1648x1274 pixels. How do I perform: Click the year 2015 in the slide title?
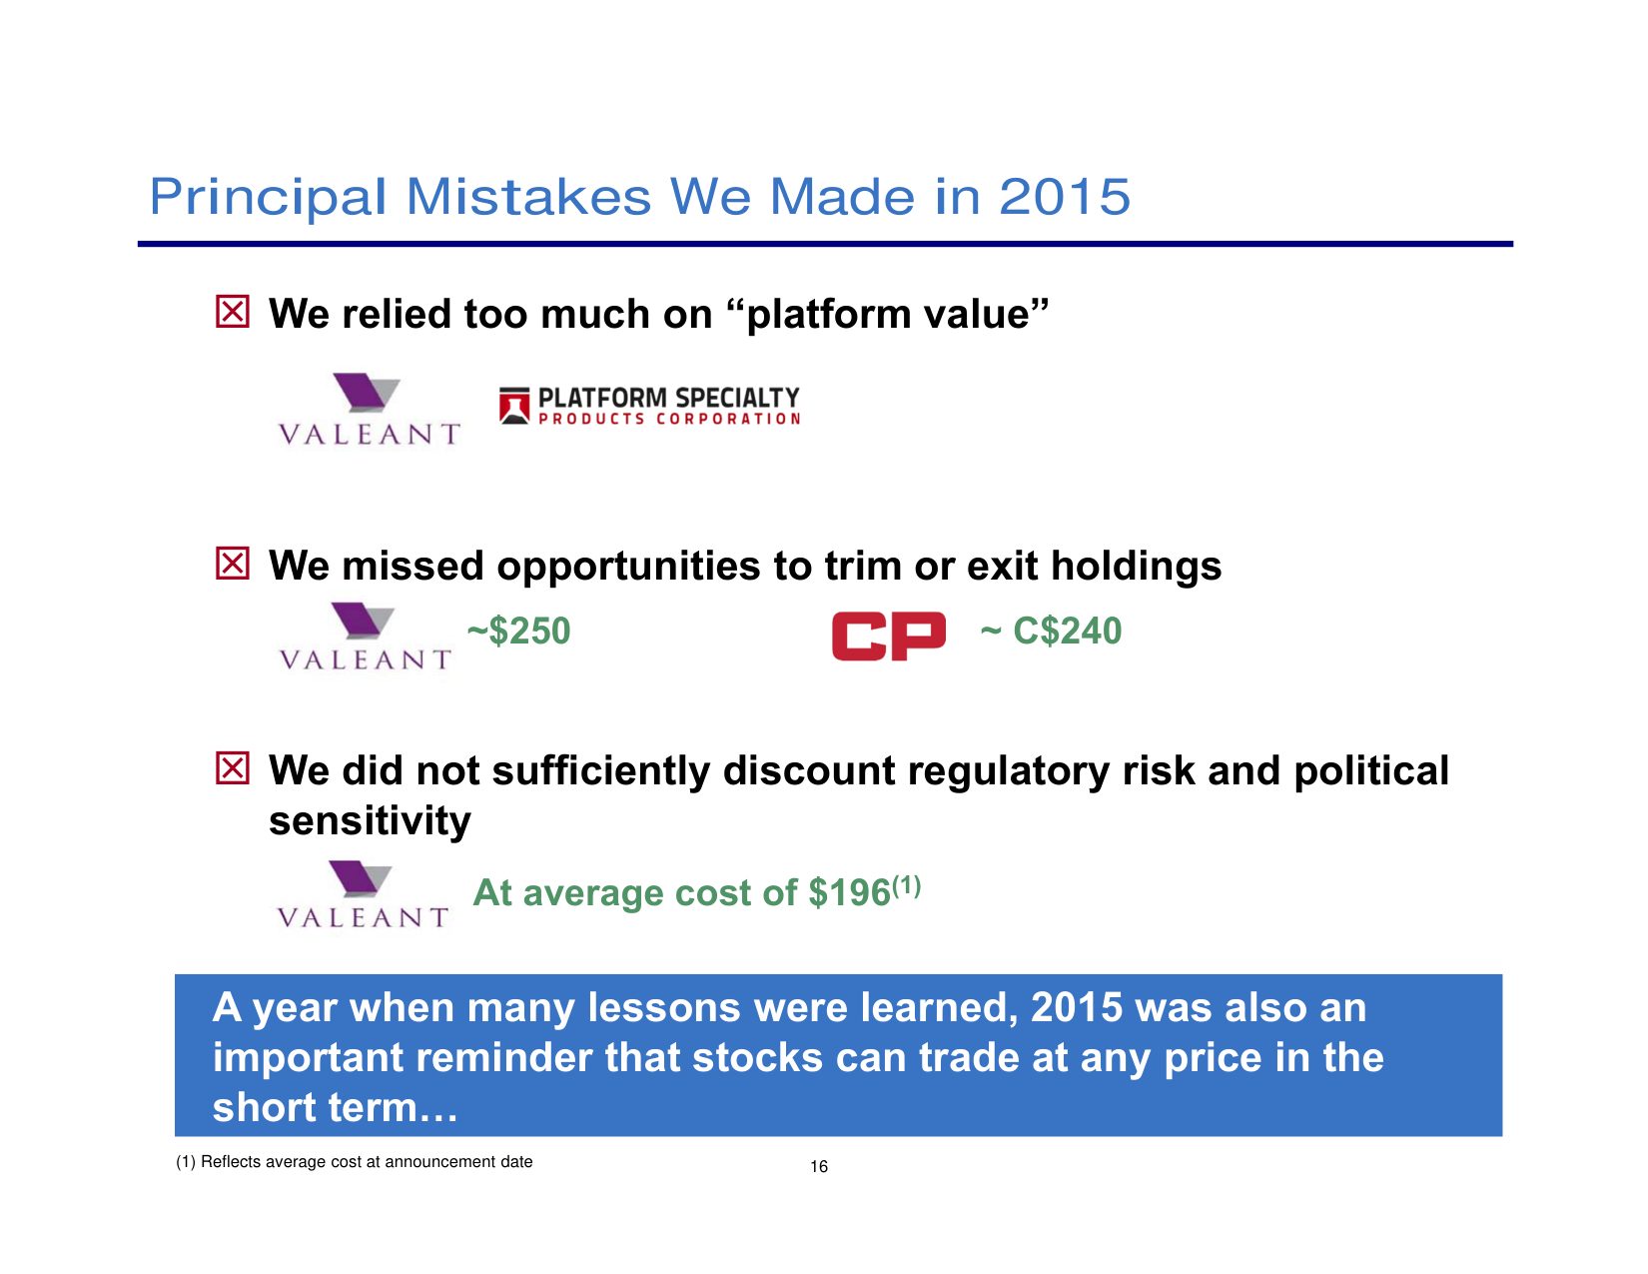point(1064,197)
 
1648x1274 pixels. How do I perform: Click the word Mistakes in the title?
point(528,197)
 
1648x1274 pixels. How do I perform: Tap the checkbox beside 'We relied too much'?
point(232,311)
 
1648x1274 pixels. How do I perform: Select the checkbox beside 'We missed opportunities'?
point(232,563)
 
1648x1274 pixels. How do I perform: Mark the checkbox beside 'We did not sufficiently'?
point(232,767)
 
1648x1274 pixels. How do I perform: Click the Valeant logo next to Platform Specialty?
point(369,409)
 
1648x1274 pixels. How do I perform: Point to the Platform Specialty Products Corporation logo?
point(649,406)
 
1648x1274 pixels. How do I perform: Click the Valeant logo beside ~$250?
point(365,637)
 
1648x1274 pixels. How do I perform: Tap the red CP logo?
point(888,636)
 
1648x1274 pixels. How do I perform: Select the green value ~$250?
point(518,632)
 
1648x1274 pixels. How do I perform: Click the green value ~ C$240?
point(1051,632)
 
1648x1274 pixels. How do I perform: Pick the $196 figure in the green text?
point(849,893)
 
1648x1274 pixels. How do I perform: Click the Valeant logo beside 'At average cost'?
point(363,894)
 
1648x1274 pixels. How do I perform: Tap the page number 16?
point(819,1167)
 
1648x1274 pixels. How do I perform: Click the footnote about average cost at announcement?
point(355,1162)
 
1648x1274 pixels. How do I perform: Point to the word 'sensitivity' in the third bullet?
point(371,821)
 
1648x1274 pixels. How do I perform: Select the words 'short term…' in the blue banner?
point(336,1108)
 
